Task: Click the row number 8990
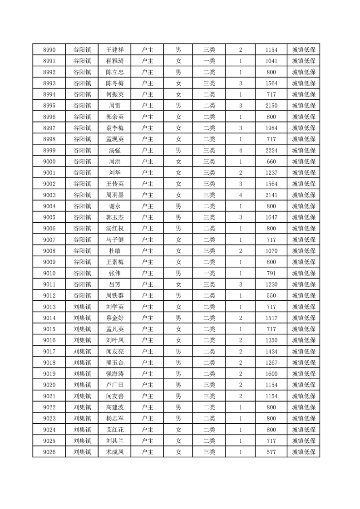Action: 49,50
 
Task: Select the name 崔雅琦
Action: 114,61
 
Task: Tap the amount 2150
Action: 271,106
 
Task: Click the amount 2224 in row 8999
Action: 271,150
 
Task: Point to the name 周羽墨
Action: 114,195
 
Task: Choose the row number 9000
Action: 49,162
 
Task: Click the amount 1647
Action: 271,217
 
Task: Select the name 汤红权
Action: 114,229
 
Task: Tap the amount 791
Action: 271,273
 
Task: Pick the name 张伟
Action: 114,273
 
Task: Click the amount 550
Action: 271,295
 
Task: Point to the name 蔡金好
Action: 114,318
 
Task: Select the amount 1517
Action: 271,318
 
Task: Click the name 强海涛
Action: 114,374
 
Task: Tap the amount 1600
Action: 271,374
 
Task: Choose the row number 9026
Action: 49,452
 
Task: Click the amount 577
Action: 271,452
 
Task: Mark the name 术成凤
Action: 114,452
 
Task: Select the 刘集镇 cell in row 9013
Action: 82,307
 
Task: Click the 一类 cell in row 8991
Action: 209,61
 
